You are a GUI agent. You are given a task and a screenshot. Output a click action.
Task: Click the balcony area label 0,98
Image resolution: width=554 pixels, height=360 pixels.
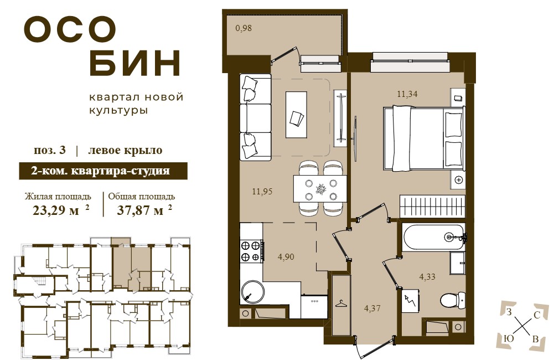click(x=244, y=28)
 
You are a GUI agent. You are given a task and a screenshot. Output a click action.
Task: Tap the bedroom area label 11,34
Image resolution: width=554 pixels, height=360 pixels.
click(x=407, y=94)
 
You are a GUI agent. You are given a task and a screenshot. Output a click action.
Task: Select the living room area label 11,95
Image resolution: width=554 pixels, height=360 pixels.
click(x=262, y=191)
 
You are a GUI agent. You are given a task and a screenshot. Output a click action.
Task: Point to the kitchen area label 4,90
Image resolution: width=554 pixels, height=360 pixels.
click(x=286, y=257)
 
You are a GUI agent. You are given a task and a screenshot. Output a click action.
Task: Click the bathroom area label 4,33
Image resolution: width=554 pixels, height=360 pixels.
click(x=427, y=276)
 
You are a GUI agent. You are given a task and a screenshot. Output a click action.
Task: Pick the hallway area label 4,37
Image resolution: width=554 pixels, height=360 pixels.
click(x=372, y=308)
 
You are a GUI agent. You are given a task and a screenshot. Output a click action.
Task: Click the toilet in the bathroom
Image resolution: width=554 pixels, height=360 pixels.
click(x=453, y=300)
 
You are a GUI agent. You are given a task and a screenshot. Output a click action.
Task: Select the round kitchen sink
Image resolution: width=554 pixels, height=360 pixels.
click(x=252, y=292)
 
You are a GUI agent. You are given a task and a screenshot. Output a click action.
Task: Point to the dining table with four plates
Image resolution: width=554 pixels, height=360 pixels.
click(x=320, y=189)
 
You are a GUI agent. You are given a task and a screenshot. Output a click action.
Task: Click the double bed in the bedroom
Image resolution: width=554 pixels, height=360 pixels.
click(x=423, y=138)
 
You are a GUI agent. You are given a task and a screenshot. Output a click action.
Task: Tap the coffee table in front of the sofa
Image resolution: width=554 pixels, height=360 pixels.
click(x=296, y=115)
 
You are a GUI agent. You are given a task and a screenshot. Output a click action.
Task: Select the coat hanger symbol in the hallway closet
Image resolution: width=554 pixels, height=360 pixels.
click(x=340, y=304)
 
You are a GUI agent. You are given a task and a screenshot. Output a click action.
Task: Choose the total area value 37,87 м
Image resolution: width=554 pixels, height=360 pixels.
click(x=140, y=210)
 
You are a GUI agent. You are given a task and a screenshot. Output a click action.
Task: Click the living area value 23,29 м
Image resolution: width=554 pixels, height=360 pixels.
click(x=56, y=210)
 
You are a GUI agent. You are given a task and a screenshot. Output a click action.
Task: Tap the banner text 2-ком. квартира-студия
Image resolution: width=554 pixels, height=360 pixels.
click(x=101, y=171)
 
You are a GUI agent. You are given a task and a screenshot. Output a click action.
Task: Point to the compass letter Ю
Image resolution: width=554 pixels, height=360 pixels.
click(x=509, y=338)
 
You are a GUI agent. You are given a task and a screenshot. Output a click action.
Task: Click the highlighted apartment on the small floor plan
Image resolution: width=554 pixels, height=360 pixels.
click(x=132, y=264)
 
